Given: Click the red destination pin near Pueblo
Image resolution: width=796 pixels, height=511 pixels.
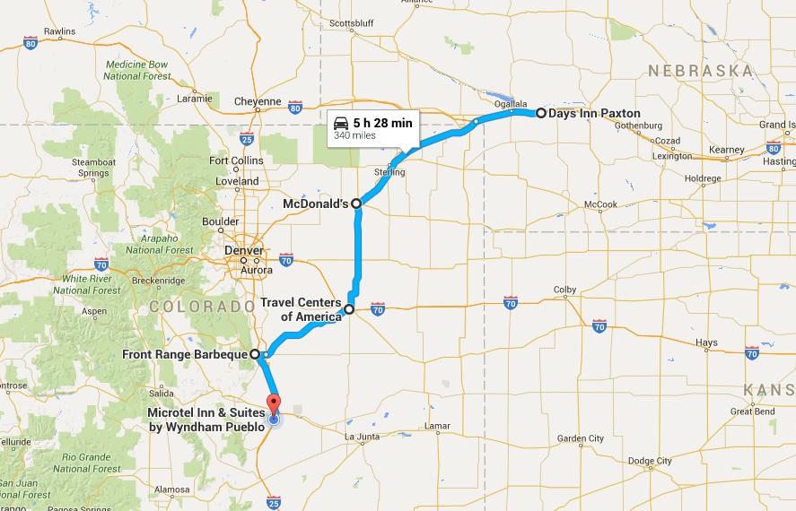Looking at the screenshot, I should pos(273,403).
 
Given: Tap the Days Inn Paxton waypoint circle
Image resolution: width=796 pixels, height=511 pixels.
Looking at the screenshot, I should pos(541,114).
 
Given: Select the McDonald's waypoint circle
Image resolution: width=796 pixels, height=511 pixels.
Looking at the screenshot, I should pos(356,204).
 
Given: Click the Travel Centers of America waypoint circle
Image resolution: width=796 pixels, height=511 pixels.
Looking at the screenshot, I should pos(349,309).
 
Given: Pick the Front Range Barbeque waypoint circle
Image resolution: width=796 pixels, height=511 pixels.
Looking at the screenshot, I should pos(255,354).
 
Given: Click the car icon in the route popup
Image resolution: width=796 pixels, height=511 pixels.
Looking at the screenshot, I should pos(340,123).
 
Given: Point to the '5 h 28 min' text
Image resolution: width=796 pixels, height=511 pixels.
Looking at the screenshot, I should pos(382,123).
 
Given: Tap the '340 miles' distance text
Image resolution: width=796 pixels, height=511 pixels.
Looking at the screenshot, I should pos(354,136).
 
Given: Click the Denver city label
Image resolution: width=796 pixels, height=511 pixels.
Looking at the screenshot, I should pos(244,250).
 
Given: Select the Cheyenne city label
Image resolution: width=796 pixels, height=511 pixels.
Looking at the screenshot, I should pos(258,101).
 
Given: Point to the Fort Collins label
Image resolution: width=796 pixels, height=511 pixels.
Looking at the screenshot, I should pos(236,161).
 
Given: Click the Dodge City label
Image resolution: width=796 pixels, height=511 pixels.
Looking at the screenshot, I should pos(650,461).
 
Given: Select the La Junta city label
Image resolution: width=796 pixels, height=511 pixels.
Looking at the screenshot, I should pos(363,437).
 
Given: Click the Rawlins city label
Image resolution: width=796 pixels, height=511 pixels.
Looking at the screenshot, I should pos(59,31).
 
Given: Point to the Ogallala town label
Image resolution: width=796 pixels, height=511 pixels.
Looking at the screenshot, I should pos(511,103).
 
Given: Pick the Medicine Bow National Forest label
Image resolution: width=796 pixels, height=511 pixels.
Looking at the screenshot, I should pos(137,71).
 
